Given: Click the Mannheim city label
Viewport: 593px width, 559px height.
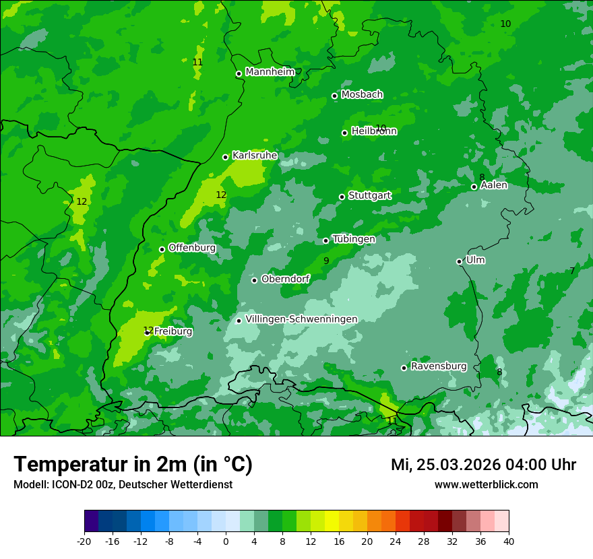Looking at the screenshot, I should coord(270,72).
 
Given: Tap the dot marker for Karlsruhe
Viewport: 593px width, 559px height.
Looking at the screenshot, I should coord(226,157).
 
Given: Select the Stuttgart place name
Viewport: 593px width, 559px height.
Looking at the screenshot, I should coord(369,195).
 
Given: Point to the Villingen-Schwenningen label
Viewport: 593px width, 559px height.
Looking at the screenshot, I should coord(301,319).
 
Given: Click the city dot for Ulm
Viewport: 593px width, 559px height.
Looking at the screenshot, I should coord(460,261).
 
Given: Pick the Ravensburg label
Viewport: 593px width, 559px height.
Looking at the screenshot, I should coord(439,366).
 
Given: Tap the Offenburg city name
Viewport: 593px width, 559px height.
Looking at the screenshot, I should coord(192,248).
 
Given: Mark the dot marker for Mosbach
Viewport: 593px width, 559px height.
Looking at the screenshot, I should coord(334,96).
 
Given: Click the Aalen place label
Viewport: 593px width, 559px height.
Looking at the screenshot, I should coord(494,185).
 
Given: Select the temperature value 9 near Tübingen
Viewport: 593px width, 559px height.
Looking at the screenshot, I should coord(326,261).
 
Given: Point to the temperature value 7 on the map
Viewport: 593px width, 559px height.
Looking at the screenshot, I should coord(572,271).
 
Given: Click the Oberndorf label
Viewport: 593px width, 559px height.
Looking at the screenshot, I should coord(286,279).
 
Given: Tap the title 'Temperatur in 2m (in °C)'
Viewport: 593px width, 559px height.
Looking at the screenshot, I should coord(133,464).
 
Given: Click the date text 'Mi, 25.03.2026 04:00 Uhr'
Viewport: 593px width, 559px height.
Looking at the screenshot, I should coord(483,465).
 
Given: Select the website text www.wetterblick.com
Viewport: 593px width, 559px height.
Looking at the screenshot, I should coord(486,485).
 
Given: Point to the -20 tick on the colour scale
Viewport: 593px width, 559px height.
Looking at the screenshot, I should coord(84,541).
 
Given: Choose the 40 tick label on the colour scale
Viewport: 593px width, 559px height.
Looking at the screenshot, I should coord(508,541).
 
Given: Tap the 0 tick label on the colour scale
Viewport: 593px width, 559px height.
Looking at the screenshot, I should coord(226,541).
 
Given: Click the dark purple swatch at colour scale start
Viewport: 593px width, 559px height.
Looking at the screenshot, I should coord(92,521).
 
